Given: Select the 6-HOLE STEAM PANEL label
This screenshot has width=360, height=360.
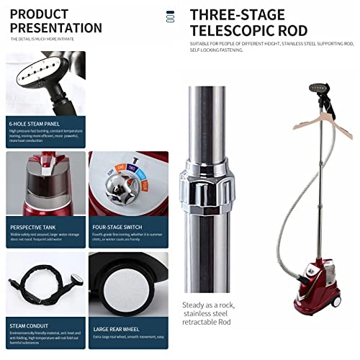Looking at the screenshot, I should coord(35,123).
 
